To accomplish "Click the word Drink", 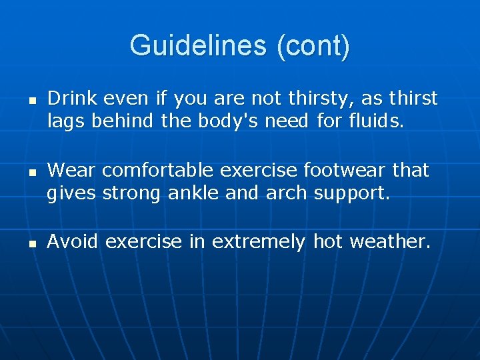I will point(70,99).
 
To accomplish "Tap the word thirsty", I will point(321,99).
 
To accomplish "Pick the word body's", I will point(220,121).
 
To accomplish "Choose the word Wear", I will point(71,170).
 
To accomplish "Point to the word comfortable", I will point(157,170).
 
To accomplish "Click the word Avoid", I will point(73,241).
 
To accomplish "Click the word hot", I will point(327,241).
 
